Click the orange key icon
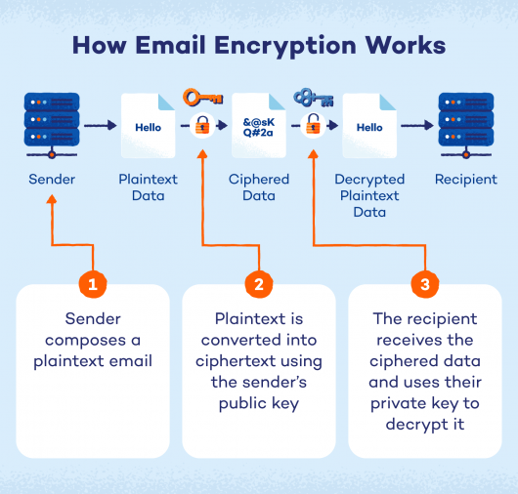pyautogui.click(x=203, y=98)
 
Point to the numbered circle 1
pyautogui.click(x=93, y=285)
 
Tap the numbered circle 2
pyautogui.click(x=259, y=285)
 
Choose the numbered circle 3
pyautogui.click(x=424, y=285)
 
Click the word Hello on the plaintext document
pyautogui.click(x=148, y=127)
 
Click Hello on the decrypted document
pyautogui.click(x=369, y=127)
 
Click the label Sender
pyautogui.click(x=51, y=180)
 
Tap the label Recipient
pyautogui.click(x=465, y=180)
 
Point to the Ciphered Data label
pyautogui.click(x=258, y=187)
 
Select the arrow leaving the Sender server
pyautogui.click(x=100, y=126)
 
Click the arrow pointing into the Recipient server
pyautogui.click(x=417, y=126)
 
